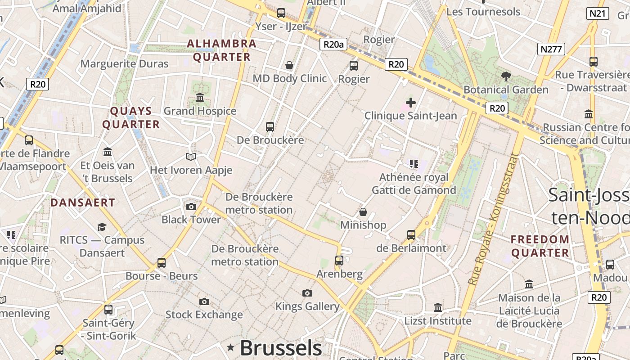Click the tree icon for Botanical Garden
(506, 76)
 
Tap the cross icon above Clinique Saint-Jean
(410, 103)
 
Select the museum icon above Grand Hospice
(200, 98)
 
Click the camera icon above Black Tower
(191, 207)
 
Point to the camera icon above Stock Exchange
(204, 301)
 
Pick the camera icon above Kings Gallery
(307, 293)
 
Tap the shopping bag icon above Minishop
(363, 212)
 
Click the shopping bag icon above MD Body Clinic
(289, 65)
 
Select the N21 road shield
(598, 13)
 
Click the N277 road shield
(551, 49)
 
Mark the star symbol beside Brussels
(231, 347)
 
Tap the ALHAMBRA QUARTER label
(221, 50)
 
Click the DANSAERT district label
(83, 202)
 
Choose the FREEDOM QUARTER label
(540, 246)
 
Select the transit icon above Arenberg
(339, 261)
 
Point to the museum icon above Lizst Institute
(438, 308)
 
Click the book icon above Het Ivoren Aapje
(191, 157)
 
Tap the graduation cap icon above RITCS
(102, 227)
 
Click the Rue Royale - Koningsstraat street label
(494, 219)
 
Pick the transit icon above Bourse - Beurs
(161, 263)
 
